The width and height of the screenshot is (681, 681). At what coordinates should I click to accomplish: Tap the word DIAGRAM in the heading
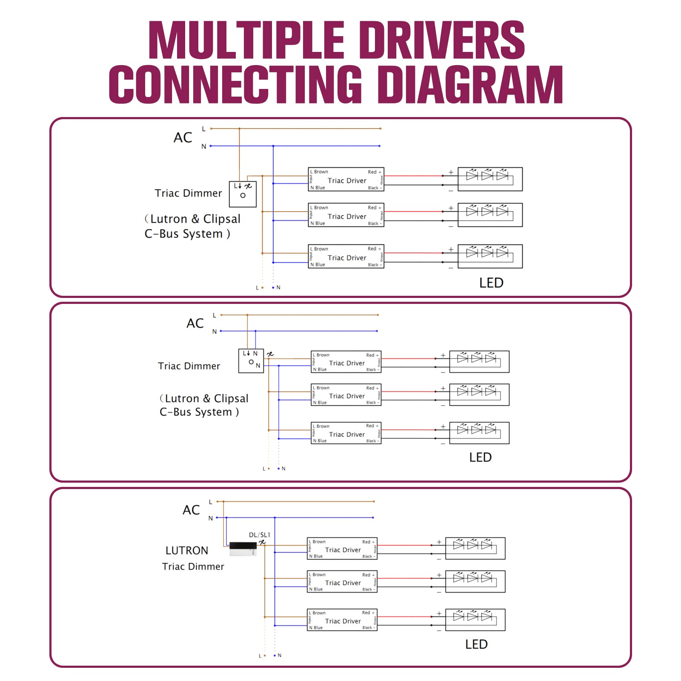click(x=470, y=85)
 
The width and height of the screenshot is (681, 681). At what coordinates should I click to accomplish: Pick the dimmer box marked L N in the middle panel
click(x=251, y=361)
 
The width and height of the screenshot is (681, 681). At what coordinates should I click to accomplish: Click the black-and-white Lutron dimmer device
click(x=243, y=549)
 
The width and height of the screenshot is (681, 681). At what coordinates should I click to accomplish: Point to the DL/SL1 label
click(x=259, y=535)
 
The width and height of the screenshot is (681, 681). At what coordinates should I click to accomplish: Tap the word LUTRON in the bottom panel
click(x=187, y=551)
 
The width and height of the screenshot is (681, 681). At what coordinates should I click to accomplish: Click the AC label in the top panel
click(x=183, y=137)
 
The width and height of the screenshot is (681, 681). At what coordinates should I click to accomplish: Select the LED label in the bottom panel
click(x=476, y=644)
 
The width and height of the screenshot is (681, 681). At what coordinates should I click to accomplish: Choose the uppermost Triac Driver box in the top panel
click(x=346, y=179)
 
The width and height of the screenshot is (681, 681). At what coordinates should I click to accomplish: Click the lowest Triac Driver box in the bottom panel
click(x=342, y=620)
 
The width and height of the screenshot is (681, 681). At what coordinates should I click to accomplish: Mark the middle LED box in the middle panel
click(x=479, y=395)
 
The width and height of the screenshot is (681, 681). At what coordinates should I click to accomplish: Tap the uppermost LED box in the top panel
click(x=490, y=179)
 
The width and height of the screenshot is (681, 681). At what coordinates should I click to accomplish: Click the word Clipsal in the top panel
click(x=222, y=219)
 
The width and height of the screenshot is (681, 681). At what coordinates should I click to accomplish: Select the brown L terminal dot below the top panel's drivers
click(x=262, y=288)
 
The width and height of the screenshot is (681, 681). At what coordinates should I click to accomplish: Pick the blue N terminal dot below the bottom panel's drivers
click(x=275, y=655)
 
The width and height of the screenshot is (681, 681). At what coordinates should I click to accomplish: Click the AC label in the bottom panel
click(x=191, y=510)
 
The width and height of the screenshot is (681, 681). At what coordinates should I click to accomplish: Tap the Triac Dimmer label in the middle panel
click(x=189, y=366)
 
